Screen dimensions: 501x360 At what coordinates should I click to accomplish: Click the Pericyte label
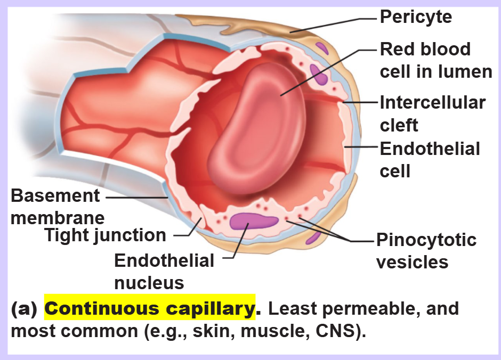(416, 17)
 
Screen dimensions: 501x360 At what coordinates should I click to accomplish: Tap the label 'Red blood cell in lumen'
(436, 60)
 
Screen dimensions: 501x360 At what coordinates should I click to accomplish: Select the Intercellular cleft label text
(433, 114)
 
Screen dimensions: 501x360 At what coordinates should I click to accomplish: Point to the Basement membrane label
(58, 207)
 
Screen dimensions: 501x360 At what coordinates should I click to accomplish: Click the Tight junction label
(106, 235)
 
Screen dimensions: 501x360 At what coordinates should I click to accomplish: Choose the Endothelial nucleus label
(164, 272)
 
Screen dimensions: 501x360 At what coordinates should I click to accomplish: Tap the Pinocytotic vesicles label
(426, 251)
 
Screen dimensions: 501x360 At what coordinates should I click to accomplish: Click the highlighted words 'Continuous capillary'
(150, 308)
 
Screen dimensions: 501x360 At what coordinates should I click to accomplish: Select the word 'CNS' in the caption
(335, 331)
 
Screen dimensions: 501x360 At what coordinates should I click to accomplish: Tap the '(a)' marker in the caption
(25, 309)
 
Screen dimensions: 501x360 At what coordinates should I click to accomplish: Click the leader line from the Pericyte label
(334, 25)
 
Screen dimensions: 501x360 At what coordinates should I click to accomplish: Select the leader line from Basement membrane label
(137, 198)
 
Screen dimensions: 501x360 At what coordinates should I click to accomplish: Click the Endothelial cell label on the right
(430, 160)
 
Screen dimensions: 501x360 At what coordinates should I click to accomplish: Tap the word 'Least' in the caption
(293, 308)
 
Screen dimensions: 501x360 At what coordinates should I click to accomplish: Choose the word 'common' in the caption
(99, 331)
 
